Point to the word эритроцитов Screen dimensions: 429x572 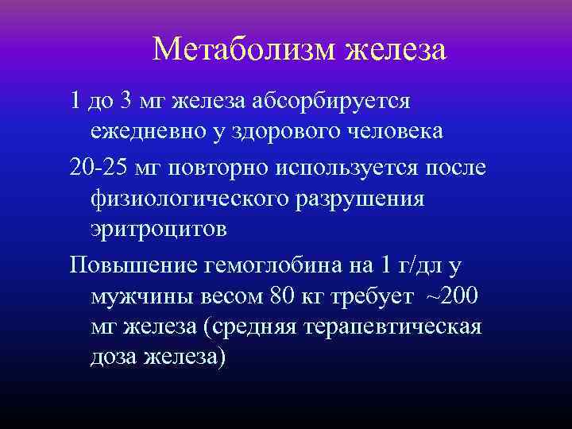click(x=159, y=230)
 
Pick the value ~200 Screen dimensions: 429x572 click(x=454, y=295)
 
